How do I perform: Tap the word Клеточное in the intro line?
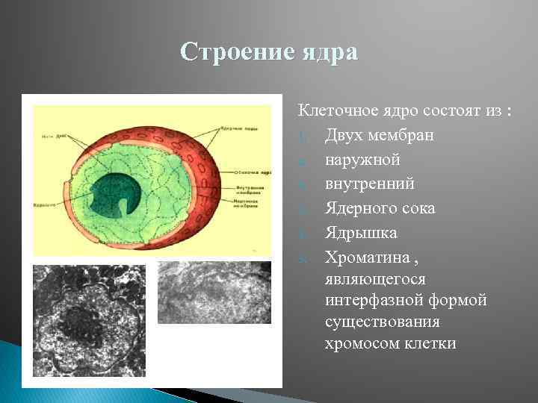[x=333, y=111]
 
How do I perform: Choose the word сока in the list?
[x=418, y=208]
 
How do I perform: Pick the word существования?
[x=382, y=322]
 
